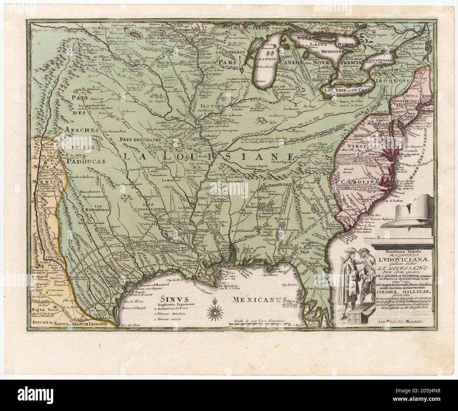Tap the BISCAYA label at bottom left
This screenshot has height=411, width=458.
(40, 322)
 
